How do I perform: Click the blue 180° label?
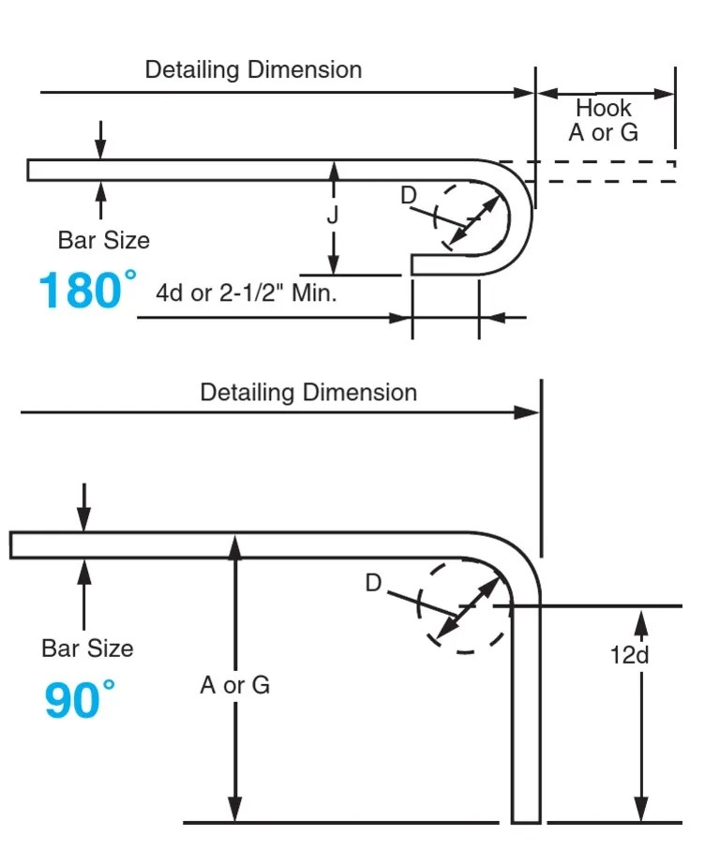[x=86, y=291]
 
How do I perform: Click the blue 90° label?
[x=80, y=700]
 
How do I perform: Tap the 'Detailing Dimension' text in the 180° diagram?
[x=253, y=70]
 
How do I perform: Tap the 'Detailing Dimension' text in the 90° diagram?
[x=308, y=392]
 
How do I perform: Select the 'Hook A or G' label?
[x=603, y=120]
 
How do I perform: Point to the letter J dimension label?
[x=333, y=216]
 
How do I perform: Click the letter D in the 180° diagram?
[x=409, y=196]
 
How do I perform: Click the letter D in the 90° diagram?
[x=373, y=584]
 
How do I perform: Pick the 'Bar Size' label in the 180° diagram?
[x=103, y=241]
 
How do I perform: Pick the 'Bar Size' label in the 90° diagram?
[x=87, y=649]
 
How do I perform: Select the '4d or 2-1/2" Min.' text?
[x=246, y=292]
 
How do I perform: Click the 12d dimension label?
[x=629, y=654]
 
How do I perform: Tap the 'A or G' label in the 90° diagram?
[x=234, y=685]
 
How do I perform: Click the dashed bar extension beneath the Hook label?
[x=609, y=171]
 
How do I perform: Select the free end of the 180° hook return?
[x=414, y=264]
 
